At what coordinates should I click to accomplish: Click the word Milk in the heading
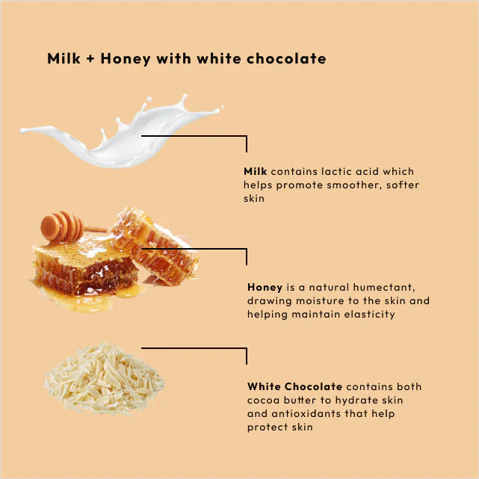click(x=63, y=59)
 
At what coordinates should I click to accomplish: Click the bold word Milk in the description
click(x=256, y=172)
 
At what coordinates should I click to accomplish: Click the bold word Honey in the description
click(x=265, y=287)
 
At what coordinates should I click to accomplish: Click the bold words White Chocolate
click(x=294, y=387)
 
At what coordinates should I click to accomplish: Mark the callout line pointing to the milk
click(x=194, y=136)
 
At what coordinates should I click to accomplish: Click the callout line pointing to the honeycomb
click(x=194, y=250)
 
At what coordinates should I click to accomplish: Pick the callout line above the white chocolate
click(x=194, y=348)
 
